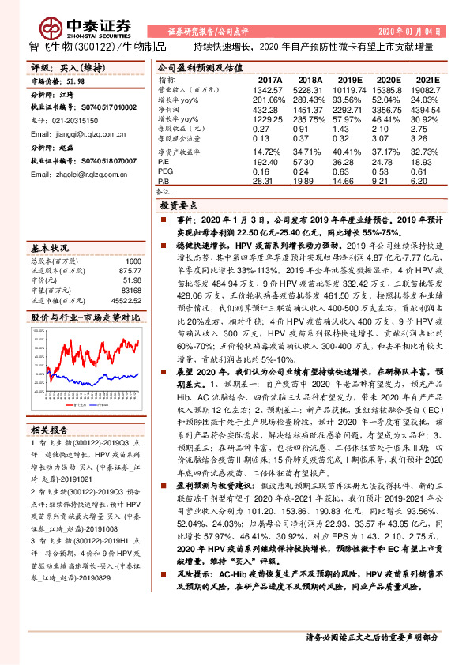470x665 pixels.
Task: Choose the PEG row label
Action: (166, 169)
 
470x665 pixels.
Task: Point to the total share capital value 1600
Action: (133, 261)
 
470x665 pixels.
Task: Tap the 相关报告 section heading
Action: (50, 430)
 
